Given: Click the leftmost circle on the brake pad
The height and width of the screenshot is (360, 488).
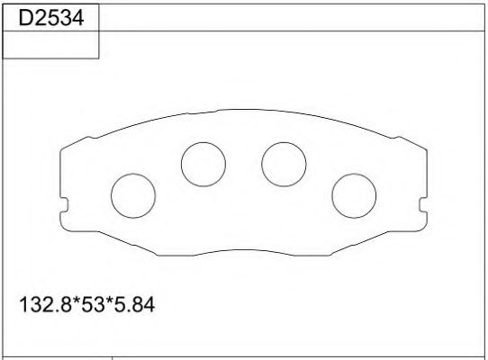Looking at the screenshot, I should pyautogui.click(x=132, y=194).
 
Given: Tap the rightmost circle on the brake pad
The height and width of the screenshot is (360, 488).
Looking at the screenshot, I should pyautogui.click(x=354, y=194).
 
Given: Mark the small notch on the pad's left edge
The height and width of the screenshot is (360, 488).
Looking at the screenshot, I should pyautogui.click(x=62, y=203).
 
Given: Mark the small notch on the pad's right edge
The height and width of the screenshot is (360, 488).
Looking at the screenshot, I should pyautogui.click(x=423, y=203).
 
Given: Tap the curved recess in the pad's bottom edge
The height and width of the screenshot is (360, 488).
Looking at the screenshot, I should pyautogui.click(x=243, y=250).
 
